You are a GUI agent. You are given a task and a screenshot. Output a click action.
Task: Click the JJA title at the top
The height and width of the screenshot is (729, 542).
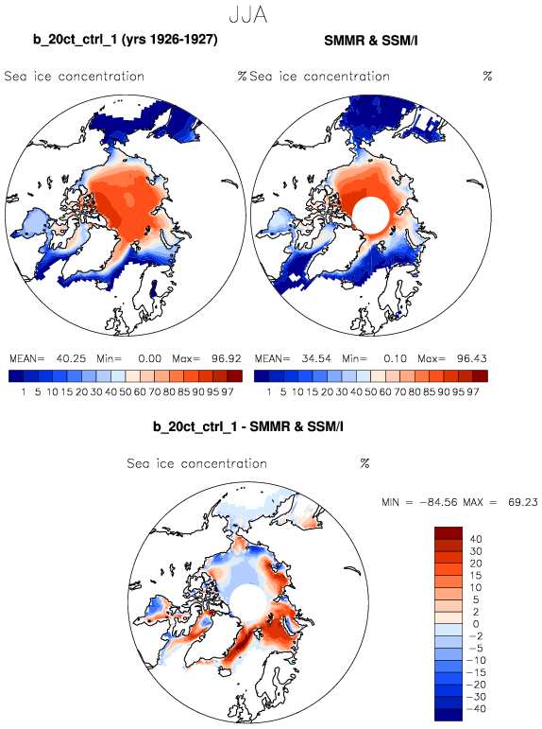[248, 15]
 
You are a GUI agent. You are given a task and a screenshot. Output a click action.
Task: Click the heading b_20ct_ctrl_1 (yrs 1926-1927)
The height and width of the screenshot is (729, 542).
[125, 40]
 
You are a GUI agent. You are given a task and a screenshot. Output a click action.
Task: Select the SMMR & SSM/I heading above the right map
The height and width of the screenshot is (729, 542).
[371, 41]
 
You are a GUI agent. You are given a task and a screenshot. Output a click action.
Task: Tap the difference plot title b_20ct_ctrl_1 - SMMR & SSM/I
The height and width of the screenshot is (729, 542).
[248, 426]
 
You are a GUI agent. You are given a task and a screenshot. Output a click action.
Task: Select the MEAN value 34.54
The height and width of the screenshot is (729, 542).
[316, 358]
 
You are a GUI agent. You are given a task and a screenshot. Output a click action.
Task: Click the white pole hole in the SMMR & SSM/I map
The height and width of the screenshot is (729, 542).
[370, 216]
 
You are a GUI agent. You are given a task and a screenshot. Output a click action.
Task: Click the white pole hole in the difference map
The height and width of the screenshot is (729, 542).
[248, 602]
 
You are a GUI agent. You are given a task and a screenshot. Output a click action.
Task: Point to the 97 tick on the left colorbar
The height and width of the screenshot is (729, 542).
[228, 392]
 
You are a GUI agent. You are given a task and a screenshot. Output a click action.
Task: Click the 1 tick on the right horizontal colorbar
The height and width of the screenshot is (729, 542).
[268, 392]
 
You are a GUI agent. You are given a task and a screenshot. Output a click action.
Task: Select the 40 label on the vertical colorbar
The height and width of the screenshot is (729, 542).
[476, 539]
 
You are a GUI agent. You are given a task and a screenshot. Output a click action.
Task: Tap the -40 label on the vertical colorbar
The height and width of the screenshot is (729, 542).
[474, 709]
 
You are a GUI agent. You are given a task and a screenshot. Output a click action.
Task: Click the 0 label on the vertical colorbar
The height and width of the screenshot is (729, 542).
[476, 624]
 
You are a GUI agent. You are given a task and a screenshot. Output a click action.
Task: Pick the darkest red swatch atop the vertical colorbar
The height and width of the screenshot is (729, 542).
[449, 532]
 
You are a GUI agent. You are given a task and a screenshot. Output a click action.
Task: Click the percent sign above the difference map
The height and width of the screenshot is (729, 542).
[364, 463]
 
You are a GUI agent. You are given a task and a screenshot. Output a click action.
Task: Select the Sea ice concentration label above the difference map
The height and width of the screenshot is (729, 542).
[197, 463]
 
